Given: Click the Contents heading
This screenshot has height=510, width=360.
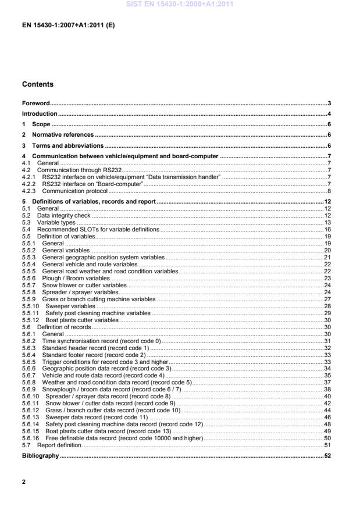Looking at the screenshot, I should (38, 84).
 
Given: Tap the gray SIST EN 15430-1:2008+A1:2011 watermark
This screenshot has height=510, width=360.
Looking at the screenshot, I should (179, 5).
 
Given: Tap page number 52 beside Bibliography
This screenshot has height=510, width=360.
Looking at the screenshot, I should (327, 455).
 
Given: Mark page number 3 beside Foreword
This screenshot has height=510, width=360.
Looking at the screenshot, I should (329, 103).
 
